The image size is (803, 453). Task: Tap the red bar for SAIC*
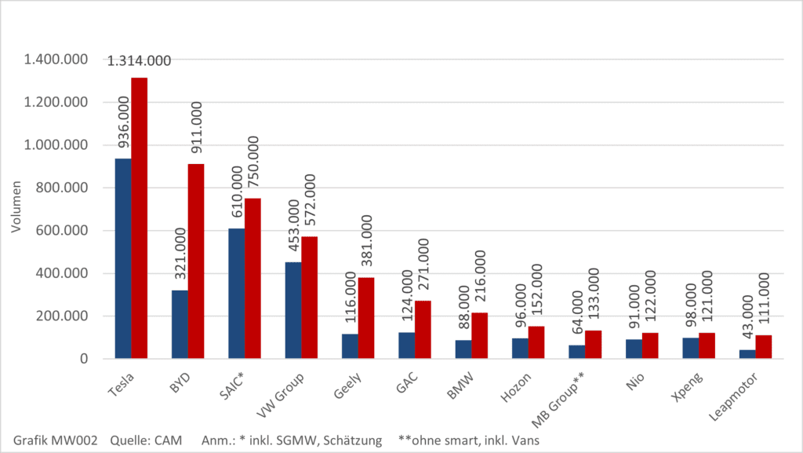tap(253, 279)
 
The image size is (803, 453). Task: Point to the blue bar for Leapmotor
tap(747, 354)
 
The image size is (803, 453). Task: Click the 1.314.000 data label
tap(139, 60)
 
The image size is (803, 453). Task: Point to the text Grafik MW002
tap(55, 440)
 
